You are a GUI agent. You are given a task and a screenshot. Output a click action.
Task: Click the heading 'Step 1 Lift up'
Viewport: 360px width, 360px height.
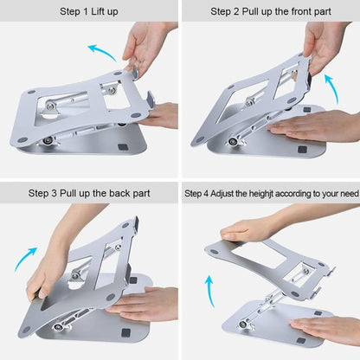click(90, 12)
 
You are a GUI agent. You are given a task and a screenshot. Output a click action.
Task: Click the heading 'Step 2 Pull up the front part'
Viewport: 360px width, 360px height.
click(271, 12)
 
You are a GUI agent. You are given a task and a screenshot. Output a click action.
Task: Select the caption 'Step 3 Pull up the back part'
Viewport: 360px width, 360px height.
click(90, 193)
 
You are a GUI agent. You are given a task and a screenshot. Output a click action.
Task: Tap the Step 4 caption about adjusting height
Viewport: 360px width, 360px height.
click(271, 193)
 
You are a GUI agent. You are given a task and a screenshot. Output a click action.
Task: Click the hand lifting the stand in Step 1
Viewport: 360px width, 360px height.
click(149, 43)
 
